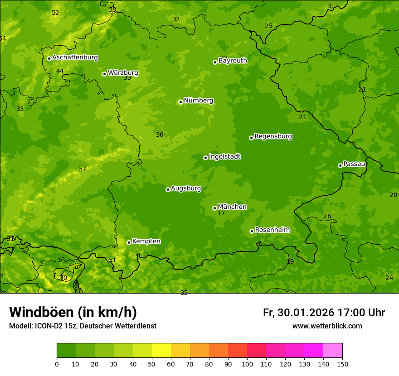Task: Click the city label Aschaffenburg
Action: tap(75, 58)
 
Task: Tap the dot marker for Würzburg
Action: tap(104, 74)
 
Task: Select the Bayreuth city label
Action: tap(233, 60)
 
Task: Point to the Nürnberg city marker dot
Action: tap(180, 102)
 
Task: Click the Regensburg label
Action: tap(273, 136)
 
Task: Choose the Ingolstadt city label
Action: tap(224, 157)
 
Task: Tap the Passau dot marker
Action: tap(340, 165)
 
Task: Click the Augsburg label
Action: tap(186, 188)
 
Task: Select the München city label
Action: tap(232, 207)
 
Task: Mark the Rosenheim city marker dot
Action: tap(252, 231)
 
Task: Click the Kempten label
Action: tap(146, 241)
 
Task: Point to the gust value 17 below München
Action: tap(221, 213)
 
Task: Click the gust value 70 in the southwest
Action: tap(63, 278)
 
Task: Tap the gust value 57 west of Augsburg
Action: tap(83, 169)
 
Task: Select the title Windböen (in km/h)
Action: tap(73, 312)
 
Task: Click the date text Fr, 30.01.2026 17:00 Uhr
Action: tap(324, 313)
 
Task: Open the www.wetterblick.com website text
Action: tap(327, 326)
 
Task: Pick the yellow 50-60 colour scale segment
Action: tap(161, 351)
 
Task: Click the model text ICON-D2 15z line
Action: tap(83, 326)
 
